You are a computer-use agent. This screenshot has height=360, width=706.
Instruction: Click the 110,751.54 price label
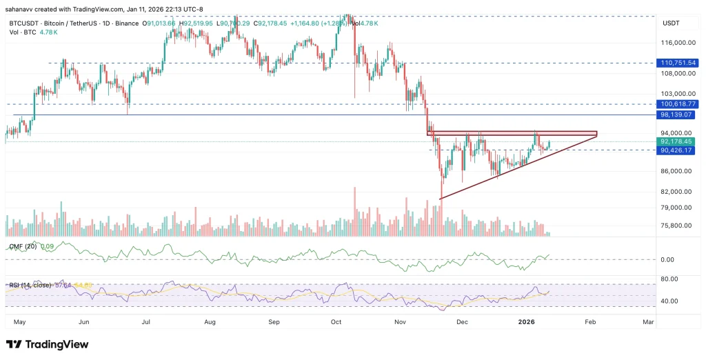click(x=678, y=63)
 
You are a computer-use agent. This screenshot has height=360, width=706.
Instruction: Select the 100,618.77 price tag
click(x=678, y=103)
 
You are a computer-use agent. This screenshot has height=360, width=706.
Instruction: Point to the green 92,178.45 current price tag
click(x=678, y=141)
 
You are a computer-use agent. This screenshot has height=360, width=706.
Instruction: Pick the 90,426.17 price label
click(x=678, y=150)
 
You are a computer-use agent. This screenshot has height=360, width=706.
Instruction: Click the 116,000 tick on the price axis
click(x=675, y=42)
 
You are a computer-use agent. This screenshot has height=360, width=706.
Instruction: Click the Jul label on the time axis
click(x=147, y=322)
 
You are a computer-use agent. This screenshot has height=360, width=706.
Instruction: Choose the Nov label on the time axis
click(x=399, y=322)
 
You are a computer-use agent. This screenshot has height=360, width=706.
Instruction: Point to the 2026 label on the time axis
click(x=526, y=322)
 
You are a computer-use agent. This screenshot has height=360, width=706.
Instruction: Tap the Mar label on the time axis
click(x=648, y=322)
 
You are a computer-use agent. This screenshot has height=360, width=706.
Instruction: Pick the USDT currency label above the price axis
click(x=671, y=24)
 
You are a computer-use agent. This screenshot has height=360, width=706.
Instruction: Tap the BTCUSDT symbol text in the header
click(x=22, y=23)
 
